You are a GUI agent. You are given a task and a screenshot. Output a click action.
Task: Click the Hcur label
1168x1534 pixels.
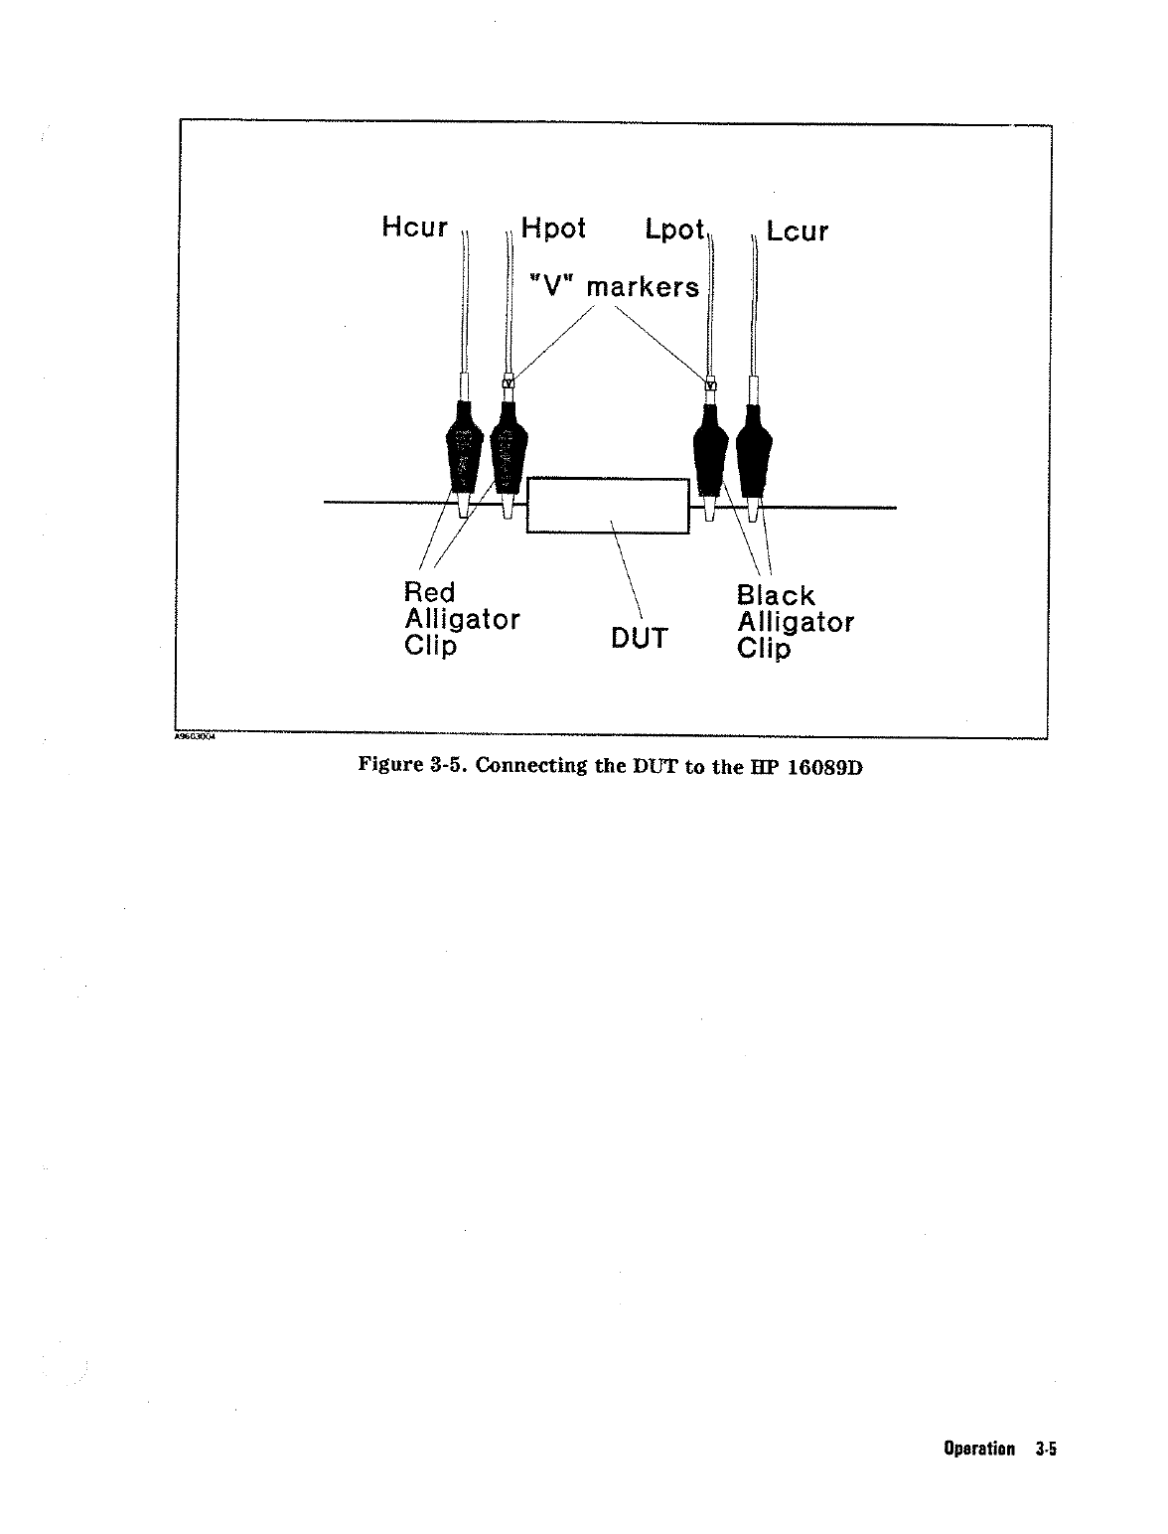414,228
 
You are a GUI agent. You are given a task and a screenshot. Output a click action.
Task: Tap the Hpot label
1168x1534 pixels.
553,229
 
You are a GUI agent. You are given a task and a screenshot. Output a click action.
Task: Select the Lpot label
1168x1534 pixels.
674,230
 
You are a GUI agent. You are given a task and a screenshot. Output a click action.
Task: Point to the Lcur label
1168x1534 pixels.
798,231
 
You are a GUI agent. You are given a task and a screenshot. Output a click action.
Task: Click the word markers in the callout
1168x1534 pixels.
643,287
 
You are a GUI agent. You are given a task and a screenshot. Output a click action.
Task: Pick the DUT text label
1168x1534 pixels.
639,638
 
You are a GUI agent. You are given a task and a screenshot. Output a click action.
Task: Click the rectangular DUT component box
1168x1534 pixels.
607,505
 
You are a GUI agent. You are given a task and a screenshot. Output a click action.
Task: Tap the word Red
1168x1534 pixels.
429,592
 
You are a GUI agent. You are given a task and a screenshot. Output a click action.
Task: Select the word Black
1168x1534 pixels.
775,595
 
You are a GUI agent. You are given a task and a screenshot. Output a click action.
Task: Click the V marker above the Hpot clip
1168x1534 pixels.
509,382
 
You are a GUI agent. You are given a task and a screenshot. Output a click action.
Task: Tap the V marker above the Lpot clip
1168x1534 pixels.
710,384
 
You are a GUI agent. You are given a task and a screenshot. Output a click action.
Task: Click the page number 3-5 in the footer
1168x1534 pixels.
1046,1450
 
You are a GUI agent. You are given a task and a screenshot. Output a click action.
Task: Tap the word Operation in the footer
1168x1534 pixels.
978,1450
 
